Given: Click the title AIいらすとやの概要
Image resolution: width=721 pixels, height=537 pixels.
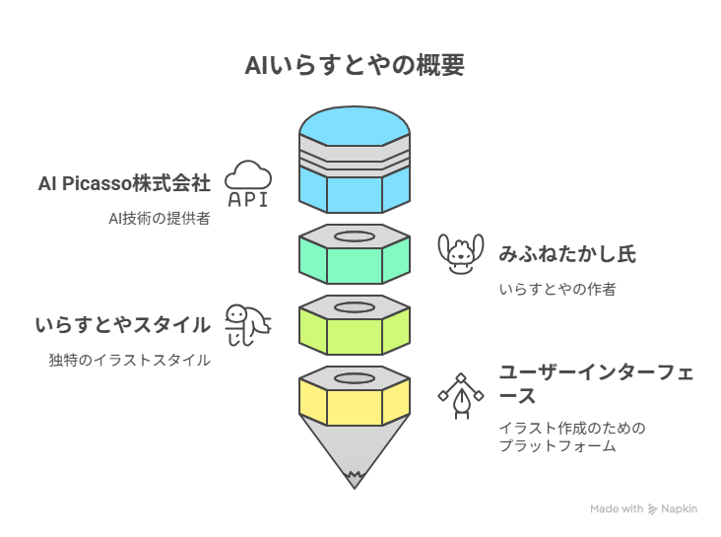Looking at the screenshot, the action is [x=355, y=65].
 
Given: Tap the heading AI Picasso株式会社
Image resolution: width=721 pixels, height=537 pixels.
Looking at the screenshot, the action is [x=124, y=183].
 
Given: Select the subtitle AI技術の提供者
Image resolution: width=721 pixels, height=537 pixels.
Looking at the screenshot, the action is [x=160, y=218].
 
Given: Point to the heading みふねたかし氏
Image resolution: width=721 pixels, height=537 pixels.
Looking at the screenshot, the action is [x=567, y=254].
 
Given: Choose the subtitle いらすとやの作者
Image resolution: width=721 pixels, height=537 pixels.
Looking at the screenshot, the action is [x=557, y=289].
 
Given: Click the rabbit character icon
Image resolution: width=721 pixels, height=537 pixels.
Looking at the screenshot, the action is [x=461, y=253].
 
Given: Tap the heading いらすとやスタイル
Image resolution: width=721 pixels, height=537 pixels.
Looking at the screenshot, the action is [x=123, y=325].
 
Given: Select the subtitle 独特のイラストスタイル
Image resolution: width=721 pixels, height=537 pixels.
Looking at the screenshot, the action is [x=130, y=360].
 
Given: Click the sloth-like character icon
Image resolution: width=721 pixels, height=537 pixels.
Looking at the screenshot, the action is [x=248, y=325].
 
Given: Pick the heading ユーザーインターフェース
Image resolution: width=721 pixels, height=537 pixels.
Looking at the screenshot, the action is [x=596, y=383].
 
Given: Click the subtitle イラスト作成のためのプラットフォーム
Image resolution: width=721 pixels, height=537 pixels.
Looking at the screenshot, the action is [x=572, y=436].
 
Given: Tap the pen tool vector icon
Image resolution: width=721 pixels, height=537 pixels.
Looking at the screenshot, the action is [x=461, y=396].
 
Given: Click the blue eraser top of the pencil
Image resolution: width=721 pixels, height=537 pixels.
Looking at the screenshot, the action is [x=355, y=125].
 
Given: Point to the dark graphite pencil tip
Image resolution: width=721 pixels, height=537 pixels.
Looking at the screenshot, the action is [x=355, y=481].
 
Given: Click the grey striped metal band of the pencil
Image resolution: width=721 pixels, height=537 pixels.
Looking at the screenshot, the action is [x=355, y=157].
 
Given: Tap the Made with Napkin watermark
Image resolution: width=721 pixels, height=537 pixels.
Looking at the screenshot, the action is [x=644, y=509].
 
